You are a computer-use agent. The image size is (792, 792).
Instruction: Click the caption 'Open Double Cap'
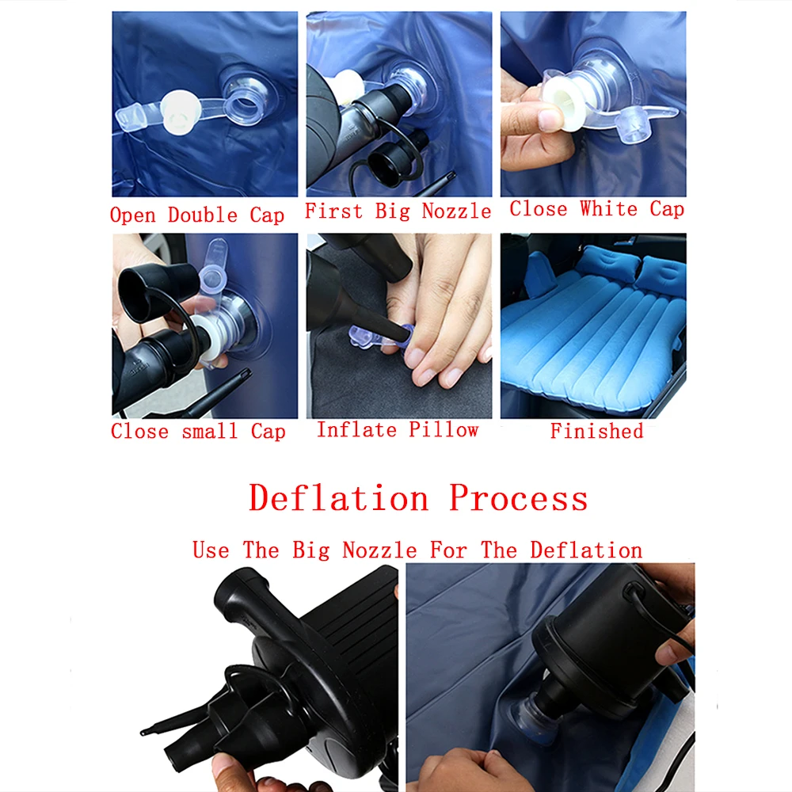click(197, 215)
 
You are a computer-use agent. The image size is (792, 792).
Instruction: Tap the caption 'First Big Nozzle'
click(398, 211)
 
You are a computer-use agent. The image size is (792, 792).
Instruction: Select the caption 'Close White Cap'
click(597, 208)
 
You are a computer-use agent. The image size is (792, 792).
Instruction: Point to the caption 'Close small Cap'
click(198, 432)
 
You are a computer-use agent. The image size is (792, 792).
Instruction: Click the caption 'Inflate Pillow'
click(398, 430)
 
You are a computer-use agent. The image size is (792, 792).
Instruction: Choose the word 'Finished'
click(597, 431)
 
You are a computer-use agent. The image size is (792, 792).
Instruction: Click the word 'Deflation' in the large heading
click(339, 498)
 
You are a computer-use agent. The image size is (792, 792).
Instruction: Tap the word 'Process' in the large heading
click(519, 498)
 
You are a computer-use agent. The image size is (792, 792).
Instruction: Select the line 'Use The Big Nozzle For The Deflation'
click(417, 550)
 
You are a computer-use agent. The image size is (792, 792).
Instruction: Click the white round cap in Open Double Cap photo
click(181, 112)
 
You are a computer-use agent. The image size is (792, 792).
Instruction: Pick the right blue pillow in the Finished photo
click(661, 275)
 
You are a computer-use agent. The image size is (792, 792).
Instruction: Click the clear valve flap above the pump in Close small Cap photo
click(212, 268)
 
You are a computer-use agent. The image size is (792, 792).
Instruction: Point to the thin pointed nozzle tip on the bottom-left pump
click(143, 731)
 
